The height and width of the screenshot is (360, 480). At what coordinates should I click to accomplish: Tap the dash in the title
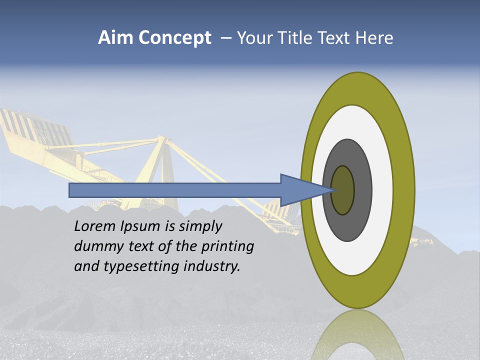tap(225, 38)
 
